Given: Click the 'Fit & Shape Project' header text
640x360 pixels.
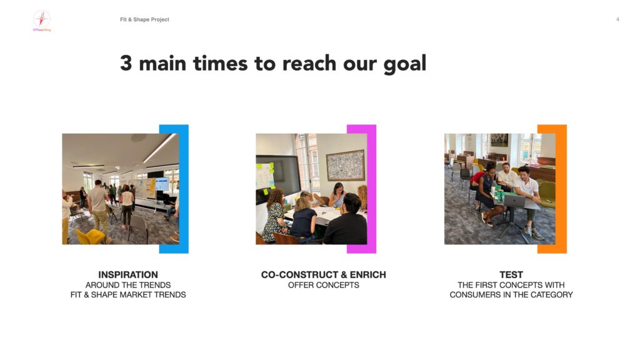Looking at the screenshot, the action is [x=144, y=19].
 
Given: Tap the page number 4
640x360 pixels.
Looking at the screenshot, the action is [x=617, y=19].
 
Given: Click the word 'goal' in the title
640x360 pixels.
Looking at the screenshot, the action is [x=404, y=64].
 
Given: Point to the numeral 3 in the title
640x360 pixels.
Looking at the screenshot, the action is [x=126, y=63].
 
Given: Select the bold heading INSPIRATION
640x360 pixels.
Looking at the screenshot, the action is [x=127, y=275].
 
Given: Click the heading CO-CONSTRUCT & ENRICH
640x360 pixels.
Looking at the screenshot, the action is [x=323, y=275].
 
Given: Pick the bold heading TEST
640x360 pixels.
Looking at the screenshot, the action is [x=511, y=275].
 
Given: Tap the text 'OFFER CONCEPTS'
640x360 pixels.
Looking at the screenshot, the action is [x=323, y=285].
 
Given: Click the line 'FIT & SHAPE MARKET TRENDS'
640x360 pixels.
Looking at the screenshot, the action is [x=127, y=295].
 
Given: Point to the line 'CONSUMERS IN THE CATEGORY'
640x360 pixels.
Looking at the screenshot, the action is [x=511, y=295].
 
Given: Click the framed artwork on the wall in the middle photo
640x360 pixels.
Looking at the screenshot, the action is [x=345, y=165].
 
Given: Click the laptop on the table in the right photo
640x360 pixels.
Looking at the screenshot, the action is [x=515, y=201].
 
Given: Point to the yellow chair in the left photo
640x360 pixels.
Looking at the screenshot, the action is [x=91, y=237].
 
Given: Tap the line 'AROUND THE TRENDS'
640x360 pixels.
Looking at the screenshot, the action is [x=127, y=285].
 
